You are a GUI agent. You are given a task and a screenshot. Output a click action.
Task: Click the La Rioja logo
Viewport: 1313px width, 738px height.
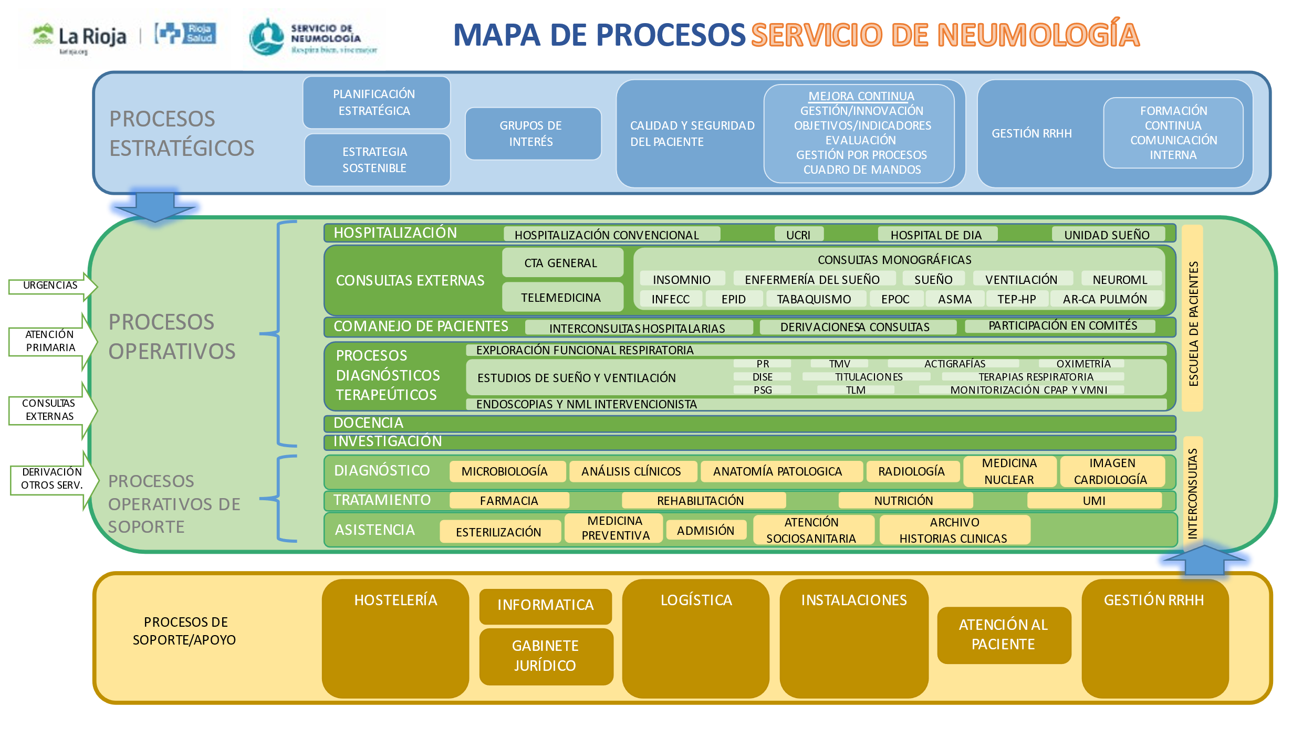[79, 38]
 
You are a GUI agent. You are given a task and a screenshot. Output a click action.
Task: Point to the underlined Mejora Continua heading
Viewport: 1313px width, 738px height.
[861, 96]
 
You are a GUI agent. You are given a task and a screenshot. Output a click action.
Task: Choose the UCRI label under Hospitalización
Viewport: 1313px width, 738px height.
[799, 235]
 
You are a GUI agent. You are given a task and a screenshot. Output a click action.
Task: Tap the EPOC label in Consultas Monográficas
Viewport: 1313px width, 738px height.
[896, 299]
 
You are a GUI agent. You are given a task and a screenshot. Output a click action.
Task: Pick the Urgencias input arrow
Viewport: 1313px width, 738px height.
[53, 286]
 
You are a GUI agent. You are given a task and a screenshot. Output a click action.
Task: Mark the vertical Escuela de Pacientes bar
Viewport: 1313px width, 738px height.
[1192, 318]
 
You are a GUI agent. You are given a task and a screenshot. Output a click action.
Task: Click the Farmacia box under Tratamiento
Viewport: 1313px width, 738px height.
[509, 500]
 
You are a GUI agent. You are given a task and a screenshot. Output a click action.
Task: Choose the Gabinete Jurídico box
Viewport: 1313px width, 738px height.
[546, 656]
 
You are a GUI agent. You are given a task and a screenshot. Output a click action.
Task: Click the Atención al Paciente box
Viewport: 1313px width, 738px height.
[1004, 635]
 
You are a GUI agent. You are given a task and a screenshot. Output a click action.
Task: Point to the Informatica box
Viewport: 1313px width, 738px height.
[545, 606]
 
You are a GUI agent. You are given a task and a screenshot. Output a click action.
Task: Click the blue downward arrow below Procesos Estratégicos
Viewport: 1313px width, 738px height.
[155, 206]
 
